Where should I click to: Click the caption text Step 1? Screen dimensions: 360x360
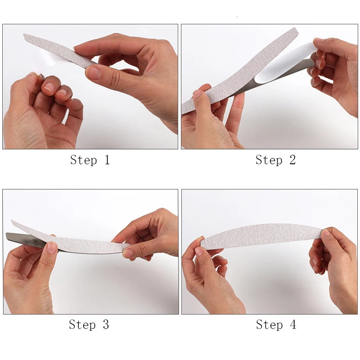90,160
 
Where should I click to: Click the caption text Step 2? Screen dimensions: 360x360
275,160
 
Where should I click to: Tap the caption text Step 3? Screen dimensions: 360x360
89,324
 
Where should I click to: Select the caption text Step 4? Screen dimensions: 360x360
276,324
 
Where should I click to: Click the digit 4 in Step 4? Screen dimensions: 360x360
293,324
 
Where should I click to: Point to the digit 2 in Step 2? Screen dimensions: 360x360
292,160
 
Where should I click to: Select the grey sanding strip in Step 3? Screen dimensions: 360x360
76,241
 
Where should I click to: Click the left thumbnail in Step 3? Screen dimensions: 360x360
52,247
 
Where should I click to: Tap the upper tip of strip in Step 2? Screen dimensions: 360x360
295,31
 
